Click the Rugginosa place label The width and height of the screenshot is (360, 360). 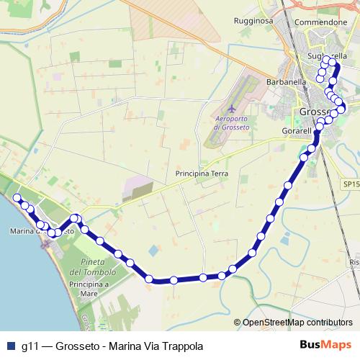click(x=253, y=22)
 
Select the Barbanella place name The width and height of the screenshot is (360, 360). click(x=287, y=82)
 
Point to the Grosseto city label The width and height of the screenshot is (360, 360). click(x=314, y=112)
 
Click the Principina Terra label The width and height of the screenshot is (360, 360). click(x=202, y=174)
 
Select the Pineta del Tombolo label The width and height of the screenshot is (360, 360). click(x=94, y=266)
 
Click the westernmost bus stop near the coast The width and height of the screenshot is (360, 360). click(x=17, y=197)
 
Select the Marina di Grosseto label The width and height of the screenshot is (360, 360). click(x=42, y=232)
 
